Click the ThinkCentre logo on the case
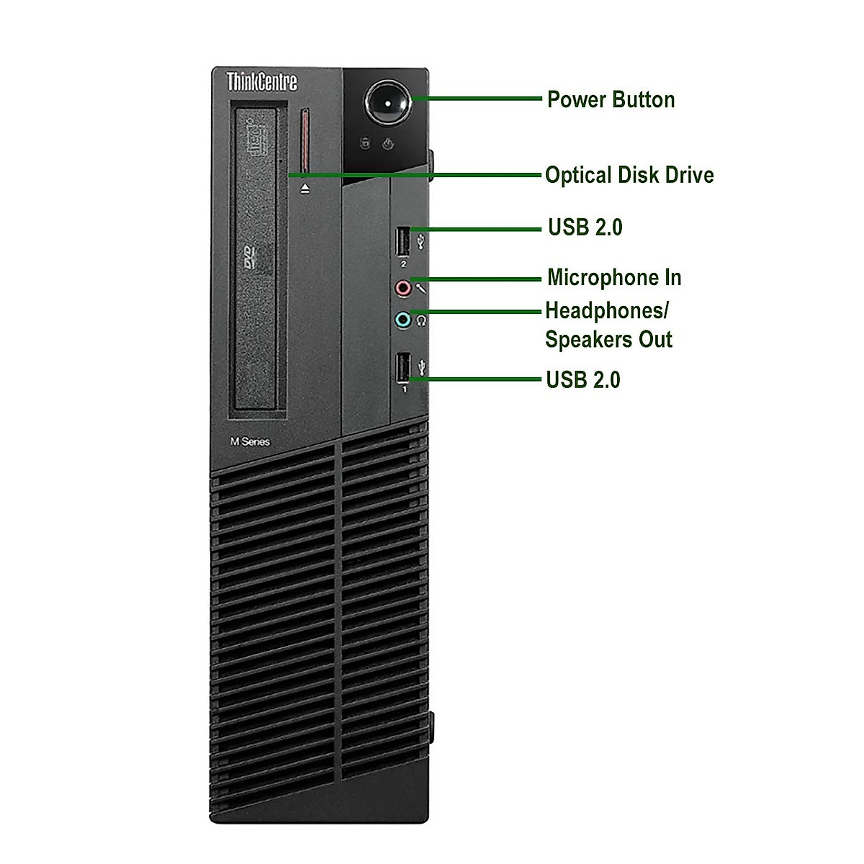(x=262, y=81)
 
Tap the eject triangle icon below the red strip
(x=305, y=188)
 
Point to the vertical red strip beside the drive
(x=305, y=141)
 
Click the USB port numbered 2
(x=403, y=241)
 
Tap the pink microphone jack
(x=403, y=289)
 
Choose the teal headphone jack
(x=403, y=320)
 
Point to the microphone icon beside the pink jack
(x=421, y=289)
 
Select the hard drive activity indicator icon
(x=365, y=143)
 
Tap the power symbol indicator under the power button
(x=388, y=143)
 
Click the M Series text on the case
(x=250, y=441)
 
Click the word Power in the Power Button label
(x=574, y=99)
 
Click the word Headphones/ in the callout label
(x=607, y=311)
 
